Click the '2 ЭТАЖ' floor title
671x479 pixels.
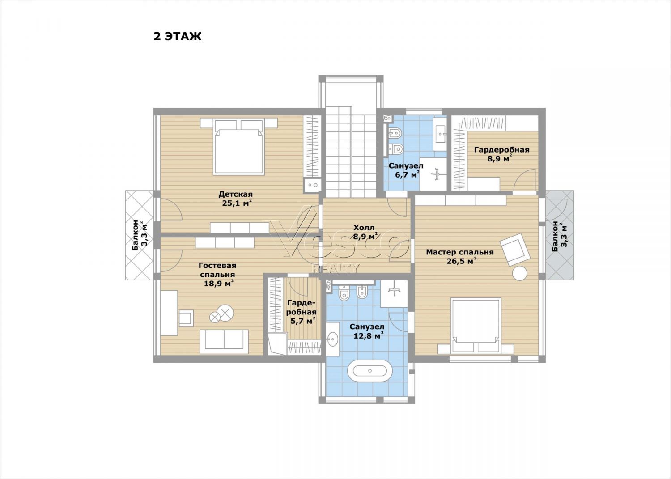(177, 36)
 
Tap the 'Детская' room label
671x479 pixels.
(235, 194)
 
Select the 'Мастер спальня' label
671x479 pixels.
(460, 252)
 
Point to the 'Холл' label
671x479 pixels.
(364, 227)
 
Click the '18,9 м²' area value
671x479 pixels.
(219, 283)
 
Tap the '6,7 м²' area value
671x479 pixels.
(407, 175)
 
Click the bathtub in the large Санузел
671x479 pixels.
(370, 371)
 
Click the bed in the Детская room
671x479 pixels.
(239, 147)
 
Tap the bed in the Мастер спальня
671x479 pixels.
(476, 326)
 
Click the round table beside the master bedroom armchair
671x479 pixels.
(519, 273)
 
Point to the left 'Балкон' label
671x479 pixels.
(136, 235)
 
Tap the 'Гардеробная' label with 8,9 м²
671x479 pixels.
(502, 149)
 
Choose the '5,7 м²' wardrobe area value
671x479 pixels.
(303, 321)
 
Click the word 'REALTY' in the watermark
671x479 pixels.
(335, 268)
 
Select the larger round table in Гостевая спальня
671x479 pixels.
(225, 312)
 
